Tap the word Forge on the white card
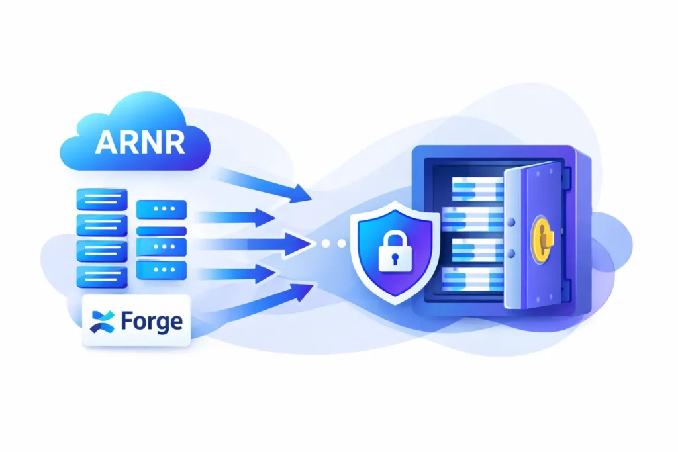(x=152, y=322)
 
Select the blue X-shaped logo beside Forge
(x=105, y=321)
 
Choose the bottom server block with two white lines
(x=102, y=277)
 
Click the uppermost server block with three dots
(x=161, y=209)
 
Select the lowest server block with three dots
(x=161, y=269)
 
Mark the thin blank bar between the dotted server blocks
(x=161, y=230)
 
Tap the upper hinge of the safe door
(x=566, y=177)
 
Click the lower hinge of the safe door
(x=567, y=288)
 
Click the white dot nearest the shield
(x=342, y=244)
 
